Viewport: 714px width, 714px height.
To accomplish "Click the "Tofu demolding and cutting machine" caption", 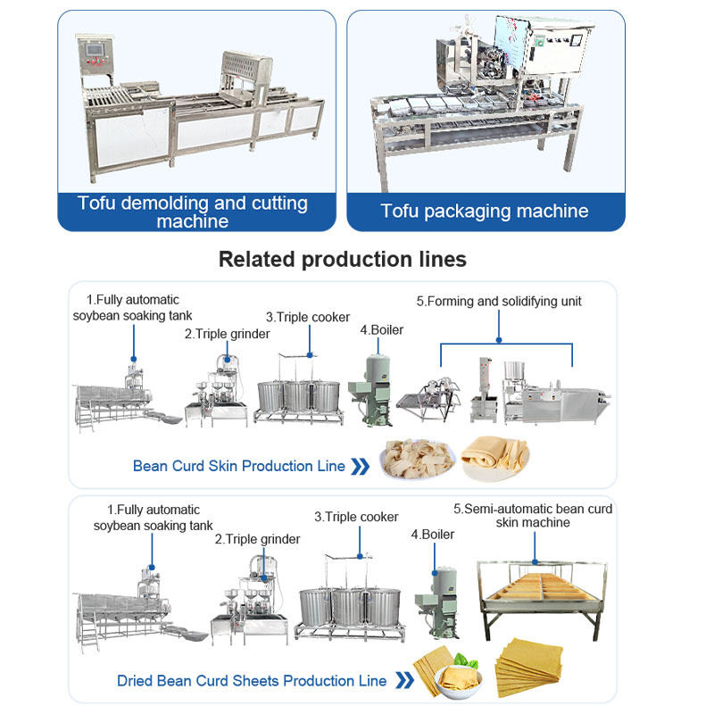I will (x=192, y=212).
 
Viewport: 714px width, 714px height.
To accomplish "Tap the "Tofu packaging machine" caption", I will (x=485, y=212).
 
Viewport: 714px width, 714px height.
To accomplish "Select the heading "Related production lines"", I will (x=343, y=260).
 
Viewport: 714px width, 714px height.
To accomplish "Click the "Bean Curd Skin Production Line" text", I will (x=238, y=466).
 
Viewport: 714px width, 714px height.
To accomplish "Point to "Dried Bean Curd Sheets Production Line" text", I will (x=252, y=681).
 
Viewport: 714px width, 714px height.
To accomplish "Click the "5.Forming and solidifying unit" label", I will (x=498, y=302).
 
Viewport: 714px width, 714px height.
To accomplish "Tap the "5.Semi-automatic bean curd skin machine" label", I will (x=533, y=515).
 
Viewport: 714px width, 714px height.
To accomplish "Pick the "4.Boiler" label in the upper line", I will (x=381, y=330).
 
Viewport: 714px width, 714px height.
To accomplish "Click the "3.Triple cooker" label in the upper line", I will (x=307, y=317).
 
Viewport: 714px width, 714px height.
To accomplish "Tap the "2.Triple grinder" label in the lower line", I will (x=257, y=539).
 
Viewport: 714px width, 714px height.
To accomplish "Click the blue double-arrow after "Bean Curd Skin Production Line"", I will (x=360, y=466).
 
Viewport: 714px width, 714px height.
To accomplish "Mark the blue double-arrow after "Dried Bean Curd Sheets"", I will (x=403, y=681).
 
